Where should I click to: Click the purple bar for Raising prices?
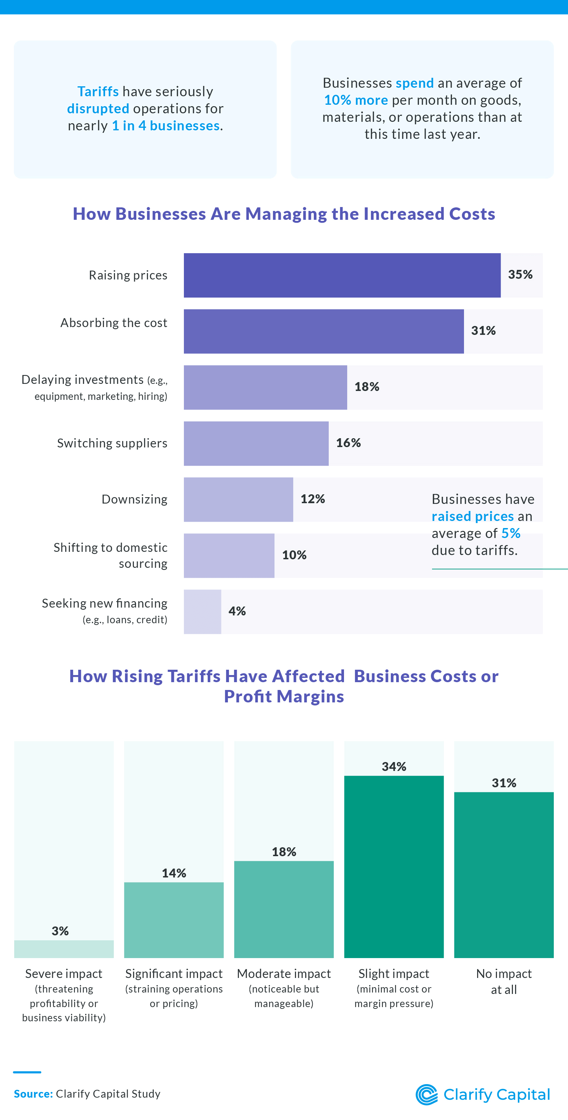(342, 275)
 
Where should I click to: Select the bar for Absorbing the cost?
(323, 331)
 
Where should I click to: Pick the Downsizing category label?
(134, 499)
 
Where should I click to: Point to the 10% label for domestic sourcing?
(294, 555)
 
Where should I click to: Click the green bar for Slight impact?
(394, 866)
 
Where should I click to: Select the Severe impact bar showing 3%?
(64, 949)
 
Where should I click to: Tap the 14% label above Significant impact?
(174, 873)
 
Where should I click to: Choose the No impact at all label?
(504, 981)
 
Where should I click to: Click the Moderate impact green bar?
(284, 909)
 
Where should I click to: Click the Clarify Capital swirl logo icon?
(427, 1094)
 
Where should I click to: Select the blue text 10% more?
(356, 100)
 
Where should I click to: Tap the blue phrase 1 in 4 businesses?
(165, 126)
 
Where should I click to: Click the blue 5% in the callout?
(510, 533)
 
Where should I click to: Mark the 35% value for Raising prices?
(520, 275)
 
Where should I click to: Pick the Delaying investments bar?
(265, 387)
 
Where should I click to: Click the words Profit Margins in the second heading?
(284, 696)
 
